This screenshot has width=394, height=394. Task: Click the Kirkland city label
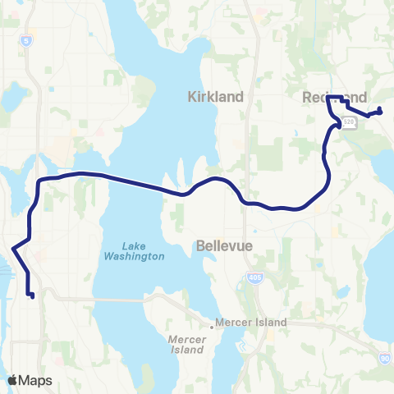[216, 97]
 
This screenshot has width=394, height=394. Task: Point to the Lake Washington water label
[132, 251]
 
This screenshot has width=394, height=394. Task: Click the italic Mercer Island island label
[185, 344]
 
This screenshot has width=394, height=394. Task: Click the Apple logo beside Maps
[13, 380]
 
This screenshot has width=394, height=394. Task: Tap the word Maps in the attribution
[37, 380]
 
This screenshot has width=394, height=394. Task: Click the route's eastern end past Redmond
[380, 112]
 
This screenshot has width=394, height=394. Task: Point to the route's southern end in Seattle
[31, 295]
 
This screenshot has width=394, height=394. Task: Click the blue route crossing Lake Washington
[131, 181]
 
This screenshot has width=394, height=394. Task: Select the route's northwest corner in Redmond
[328, 98]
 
